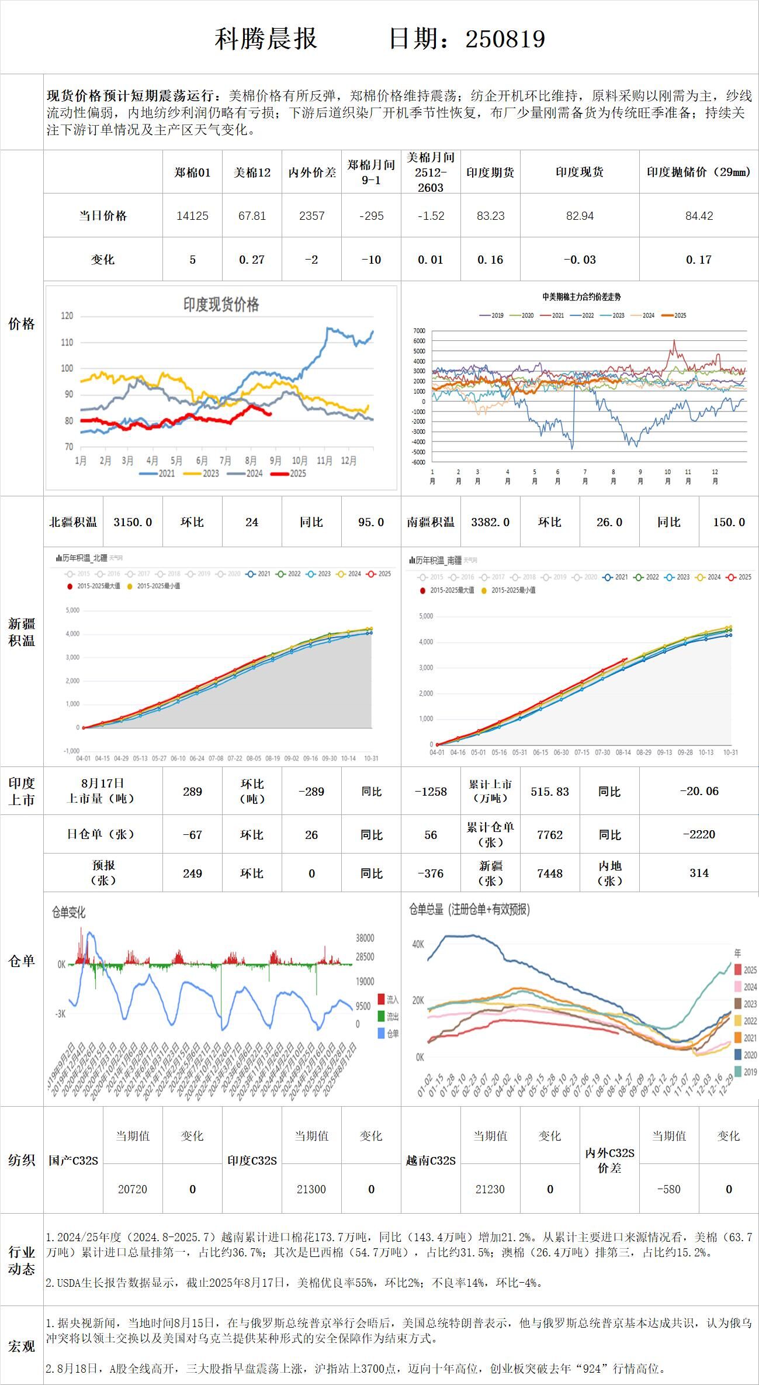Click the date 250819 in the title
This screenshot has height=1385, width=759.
[505, 39]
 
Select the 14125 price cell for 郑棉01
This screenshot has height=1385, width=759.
[192, 216]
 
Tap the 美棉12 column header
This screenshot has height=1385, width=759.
[252, 172]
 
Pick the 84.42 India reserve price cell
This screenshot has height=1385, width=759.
[699, 216]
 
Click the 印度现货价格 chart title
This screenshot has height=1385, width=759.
[221, 304]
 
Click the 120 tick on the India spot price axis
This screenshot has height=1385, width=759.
[67, 316]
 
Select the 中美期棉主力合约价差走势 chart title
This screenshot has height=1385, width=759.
[581, 297]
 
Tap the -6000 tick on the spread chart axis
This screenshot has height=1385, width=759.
[418, 462]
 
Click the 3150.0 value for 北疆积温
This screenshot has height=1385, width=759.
[133, 522]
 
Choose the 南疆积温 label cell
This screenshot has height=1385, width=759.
[431, 522]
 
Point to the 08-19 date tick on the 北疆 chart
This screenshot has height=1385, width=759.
[272, 758]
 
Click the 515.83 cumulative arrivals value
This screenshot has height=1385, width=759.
[549, 792]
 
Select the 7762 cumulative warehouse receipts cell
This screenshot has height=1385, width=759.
[549, 835]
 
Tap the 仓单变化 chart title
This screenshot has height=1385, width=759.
[69, 912]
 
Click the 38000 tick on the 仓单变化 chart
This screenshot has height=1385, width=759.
[365, 938]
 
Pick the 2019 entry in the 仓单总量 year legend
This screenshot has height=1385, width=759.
[746, 1072]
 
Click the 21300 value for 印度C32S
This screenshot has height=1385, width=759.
[311, 1189]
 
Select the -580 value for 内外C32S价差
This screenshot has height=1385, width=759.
[668, 1189]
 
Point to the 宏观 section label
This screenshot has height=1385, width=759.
[22, 1346]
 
